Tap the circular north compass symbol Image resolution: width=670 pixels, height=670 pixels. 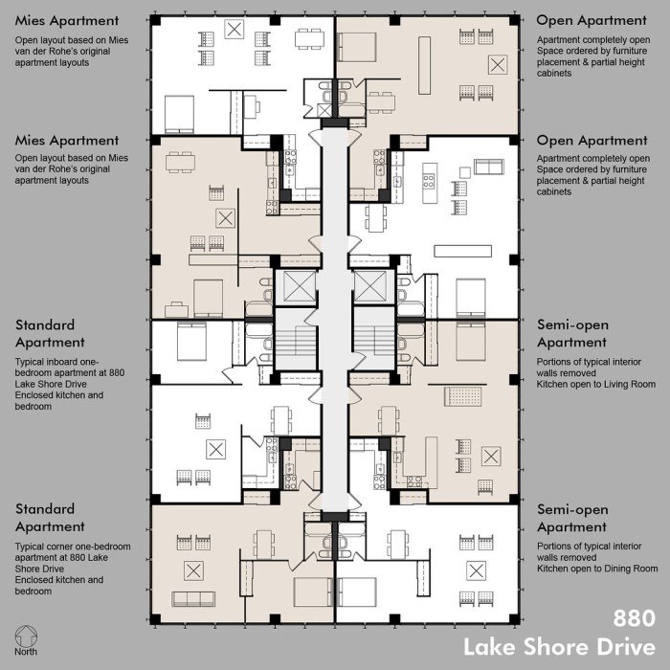pos(28,636)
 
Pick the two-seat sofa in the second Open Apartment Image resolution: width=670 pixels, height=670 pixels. pos(488,167)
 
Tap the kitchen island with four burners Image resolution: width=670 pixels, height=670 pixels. pos(430,176)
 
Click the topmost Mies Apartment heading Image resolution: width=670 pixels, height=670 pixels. pos(67,20)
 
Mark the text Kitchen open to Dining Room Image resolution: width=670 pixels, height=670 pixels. pos(595,568)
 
